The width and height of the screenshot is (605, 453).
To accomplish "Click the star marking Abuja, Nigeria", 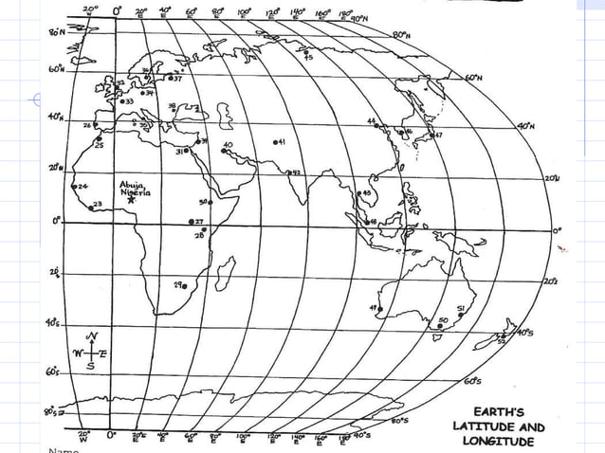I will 131,201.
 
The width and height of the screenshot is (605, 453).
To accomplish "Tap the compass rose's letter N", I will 92,336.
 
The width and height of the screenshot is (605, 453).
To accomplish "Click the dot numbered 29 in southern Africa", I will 185,285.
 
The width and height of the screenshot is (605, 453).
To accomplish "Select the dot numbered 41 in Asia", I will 275,142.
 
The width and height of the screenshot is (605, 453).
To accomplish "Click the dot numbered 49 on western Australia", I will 380,307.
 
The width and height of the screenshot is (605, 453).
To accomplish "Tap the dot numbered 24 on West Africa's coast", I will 75,187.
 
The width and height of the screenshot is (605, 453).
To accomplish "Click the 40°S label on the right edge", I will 524,334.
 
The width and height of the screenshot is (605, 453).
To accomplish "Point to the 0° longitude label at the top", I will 118,9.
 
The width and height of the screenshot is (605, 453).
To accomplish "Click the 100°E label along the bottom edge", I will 243,438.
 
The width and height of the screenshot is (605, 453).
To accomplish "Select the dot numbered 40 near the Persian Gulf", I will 224,153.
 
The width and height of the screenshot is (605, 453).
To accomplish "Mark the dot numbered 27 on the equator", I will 192,222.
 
